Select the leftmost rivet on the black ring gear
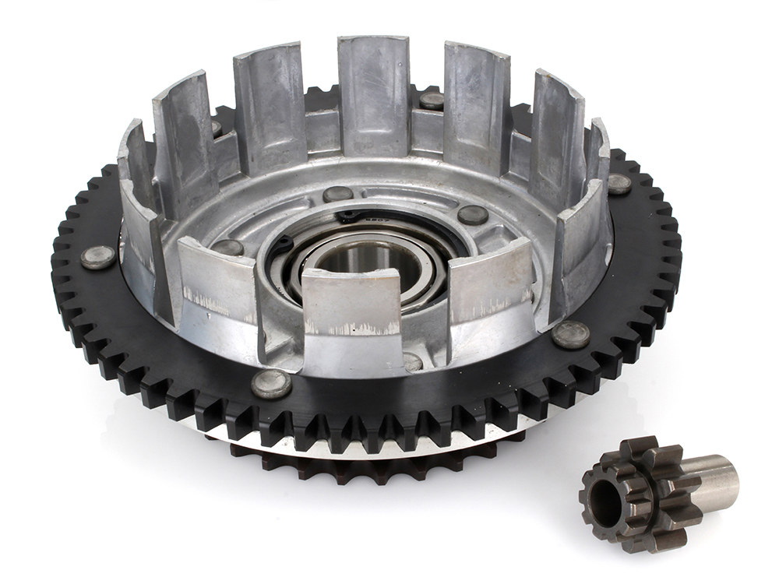click(x=98, y=257)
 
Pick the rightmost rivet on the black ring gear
click(x=619, y=184)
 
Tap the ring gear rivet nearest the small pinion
click(x=570, y=334)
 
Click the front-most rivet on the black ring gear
click(x=271, y=383)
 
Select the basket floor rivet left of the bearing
click(x=227, y=248)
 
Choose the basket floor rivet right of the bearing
click(x=473, y=215)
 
